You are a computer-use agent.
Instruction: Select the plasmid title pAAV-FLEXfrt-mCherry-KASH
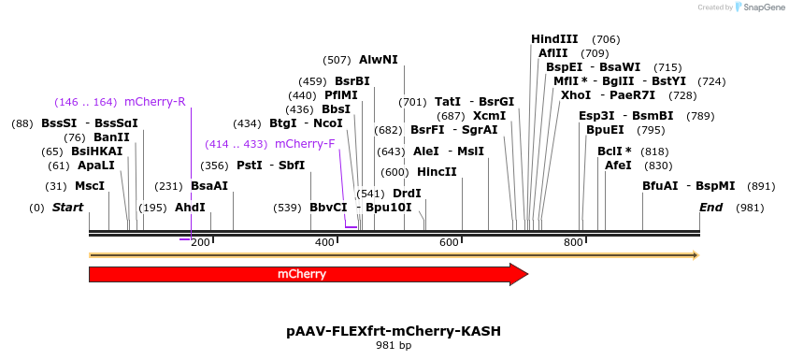tap(394, 331)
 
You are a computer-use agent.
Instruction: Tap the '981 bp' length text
tap(394, 346)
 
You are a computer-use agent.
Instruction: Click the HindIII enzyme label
tap(554, 39)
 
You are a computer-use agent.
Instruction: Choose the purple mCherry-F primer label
tap(305, 144)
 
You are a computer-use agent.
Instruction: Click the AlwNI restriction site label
tap(378, 60)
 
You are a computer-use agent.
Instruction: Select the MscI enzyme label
tap(90, 186)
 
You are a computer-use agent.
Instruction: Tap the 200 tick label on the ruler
tap(199, 243)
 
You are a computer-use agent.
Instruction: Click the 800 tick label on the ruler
tap(573, 243)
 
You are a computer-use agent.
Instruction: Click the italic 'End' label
tap(710, 207)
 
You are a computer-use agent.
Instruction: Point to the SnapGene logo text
tap(764, 7)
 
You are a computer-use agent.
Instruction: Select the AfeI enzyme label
tap(618, 165)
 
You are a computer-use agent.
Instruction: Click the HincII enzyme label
tap(437, 172)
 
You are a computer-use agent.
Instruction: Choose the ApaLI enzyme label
tap(95, 165)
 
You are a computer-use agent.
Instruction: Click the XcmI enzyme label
tap(489, 116)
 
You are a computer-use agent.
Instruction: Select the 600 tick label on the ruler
tap(449, 243)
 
